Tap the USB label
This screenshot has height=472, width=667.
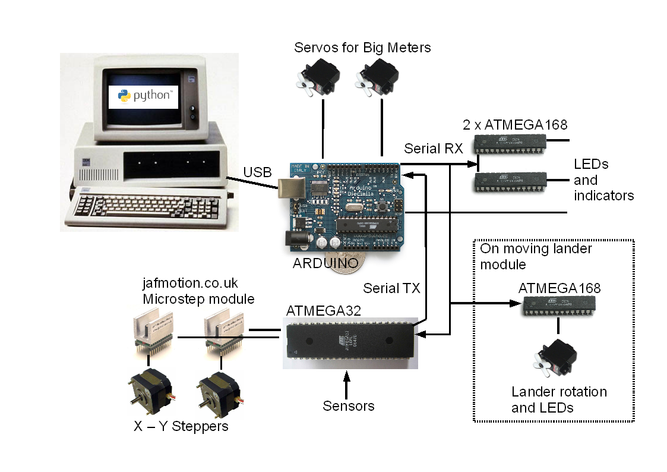pos(257,172)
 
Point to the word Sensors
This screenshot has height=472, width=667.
pos(349,406)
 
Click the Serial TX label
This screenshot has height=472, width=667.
pos(391,288)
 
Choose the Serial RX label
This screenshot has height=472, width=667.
pos(433,149)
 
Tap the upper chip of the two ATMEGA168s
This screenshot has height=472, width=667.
pos(510,144)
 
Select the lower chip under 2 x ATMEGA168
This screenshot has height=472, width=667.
pos(510,182)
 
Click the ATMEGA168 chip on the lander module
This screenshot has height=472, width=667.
pos(558,306)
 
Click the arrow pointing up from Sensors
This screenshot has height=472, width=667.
pos(347,383)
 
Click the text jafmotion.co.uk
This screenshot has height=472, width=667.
pos(190,282)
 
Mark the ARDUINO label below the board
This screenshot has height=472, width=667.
pos(325,263)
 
